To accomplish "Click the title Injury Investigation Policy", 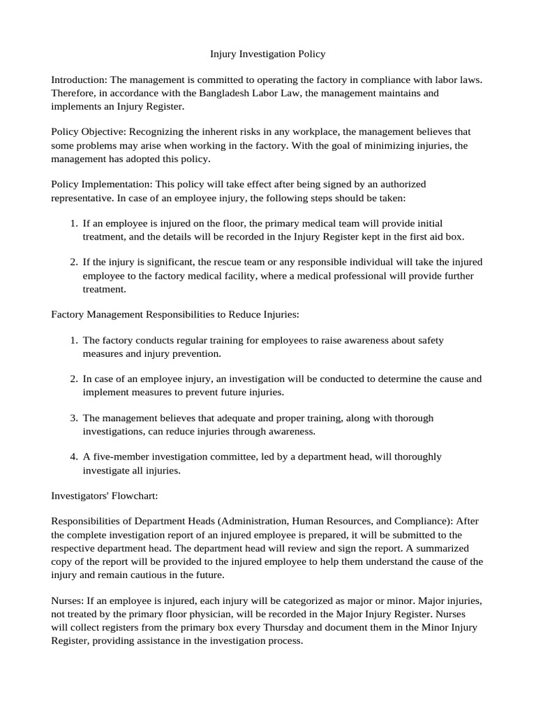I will click(x=268, y=53).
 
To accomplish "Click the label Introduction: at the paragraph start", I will click(x=79, y=80).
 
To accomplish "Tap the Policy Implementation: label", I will click(x=102, y=184).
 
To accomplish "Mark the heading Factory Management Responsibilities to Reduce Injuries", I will click(x=175, y=314).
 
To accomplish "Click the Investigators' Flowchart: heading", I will click(x=102, y=496).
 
